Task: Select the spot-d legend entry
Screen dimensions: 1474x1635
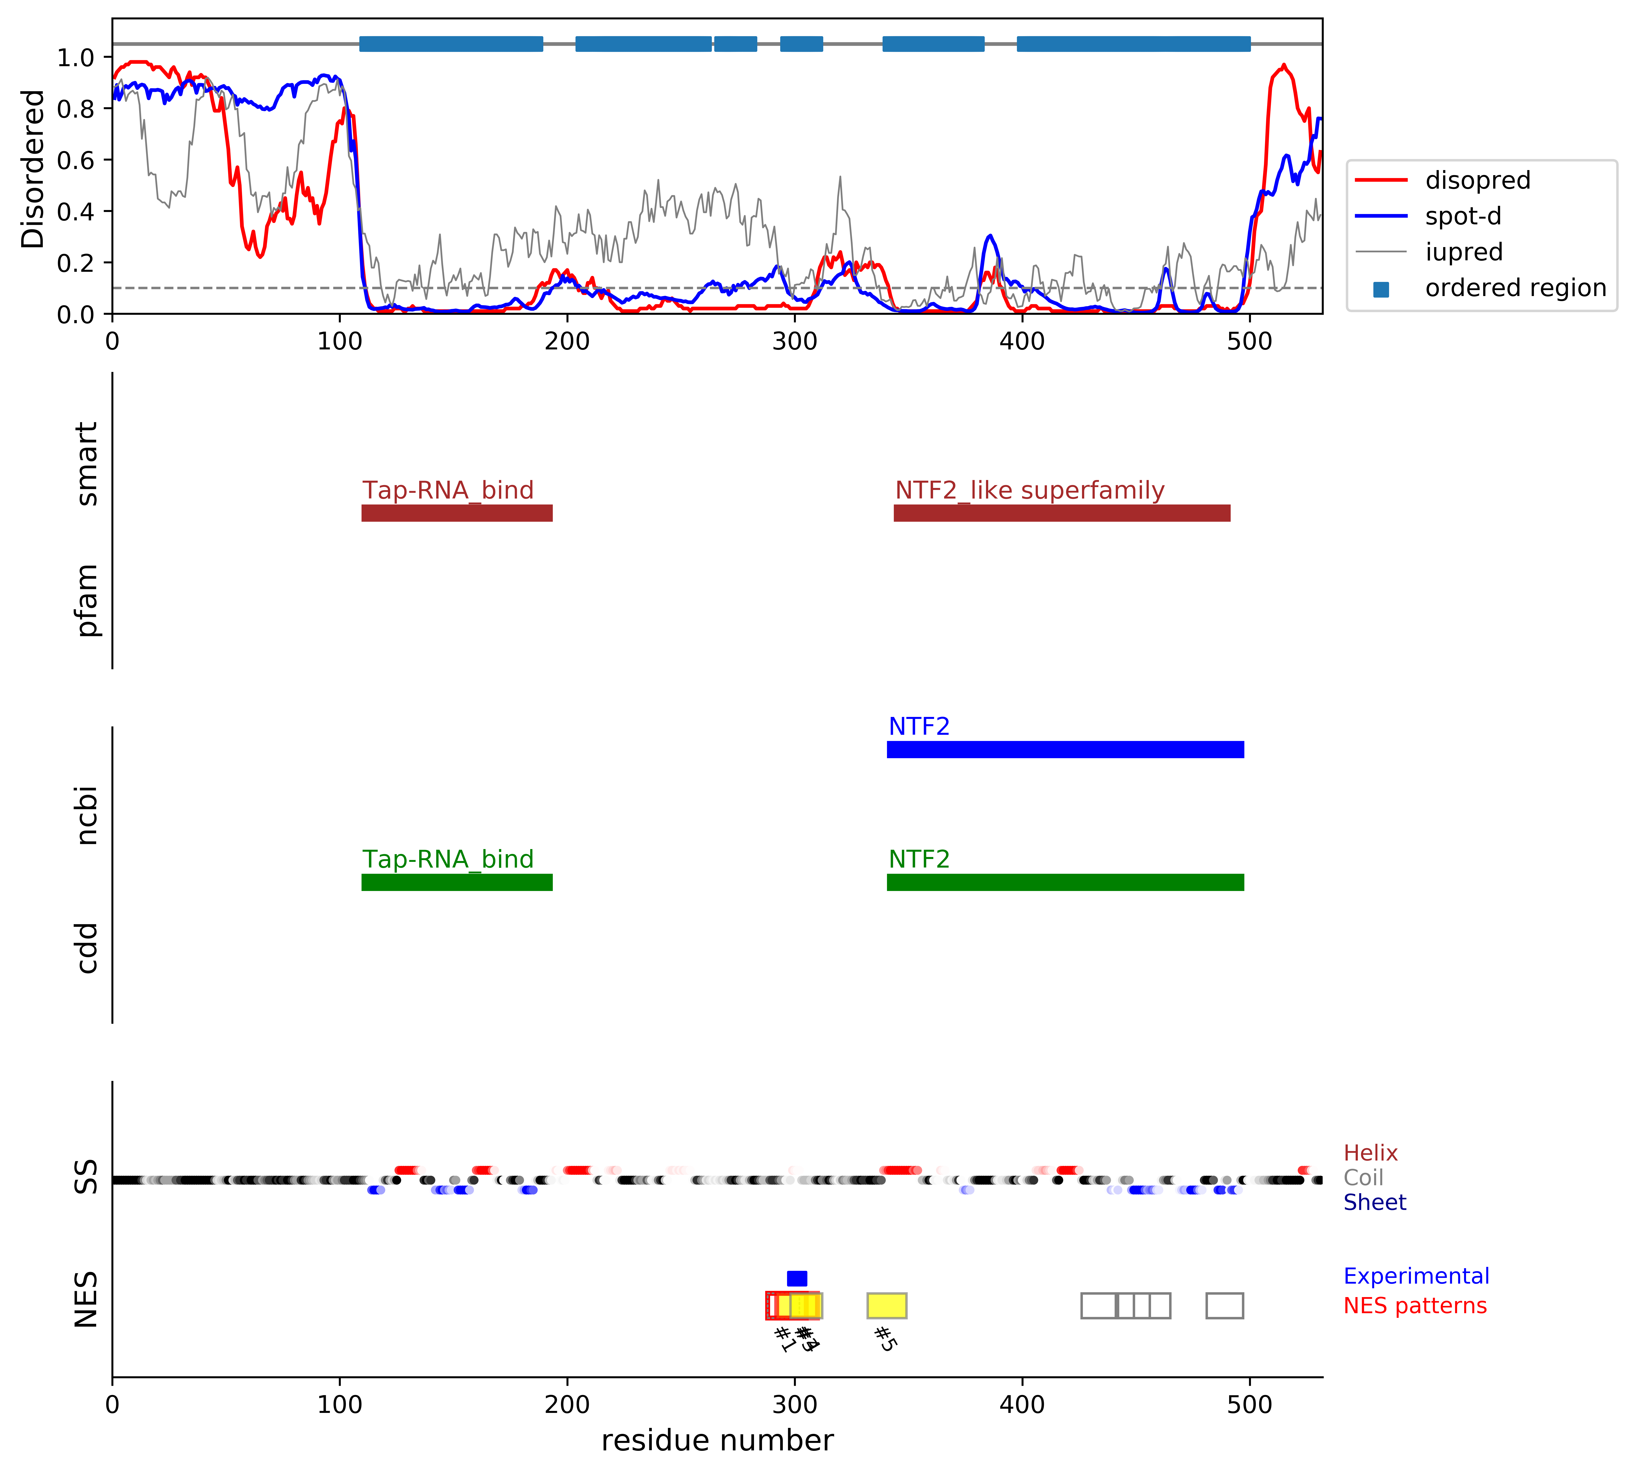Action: pos(1462,216)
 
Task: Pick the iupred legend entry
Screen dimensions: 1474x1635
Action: pos(1463,252)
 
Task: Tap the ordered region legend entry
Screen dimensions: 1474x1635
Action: pos(1514,288)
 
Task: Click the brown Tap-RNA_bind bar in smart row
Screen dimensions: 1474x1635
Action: pos(457,513)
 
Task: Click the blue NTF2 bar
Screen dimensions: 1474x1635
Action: pos(1065,749)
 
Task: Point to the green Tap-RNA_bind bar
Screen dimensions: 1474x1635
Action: pos(457,882)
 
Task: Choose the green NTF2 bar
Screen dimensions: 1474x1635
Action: pos(1065,882)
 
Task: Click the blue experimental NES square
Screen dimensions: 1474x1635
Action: pos(797,1278)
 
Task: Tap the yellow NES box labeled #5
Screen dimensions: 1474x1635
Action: pos(887,1305)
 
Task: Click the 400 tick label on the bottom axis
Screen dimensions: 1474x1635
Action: pos(1022,1404)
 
